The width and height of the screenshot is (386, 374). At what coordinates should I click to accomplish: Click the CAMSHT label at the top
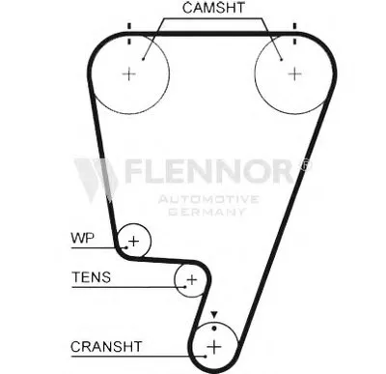click(211, 8)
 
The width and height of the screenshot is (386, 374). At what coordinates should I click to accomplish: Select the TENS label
click(91, 277)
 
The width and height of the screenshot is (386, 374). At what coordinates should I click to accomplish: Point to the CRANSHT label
click(106, 345)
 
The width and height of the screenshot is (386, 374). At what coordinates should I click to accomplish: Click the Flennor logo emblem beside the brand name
click(95, 177)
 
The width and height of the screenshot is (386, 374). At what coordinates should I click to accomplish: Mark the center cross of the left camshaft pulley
click(131, 73)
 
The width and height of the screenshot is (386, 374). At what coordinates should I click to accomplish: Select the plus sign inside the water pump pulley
click(135, 240)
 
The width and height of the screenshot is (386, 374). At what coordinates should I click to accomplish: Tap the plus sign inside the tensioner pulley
click(191, 279)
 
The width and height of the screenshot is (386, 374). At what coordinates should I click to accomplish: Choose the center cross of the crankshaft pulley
click(215, 346)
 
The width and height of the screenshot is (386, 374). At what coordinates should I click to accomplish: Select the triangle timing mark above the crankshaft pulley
click(215, 316)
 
